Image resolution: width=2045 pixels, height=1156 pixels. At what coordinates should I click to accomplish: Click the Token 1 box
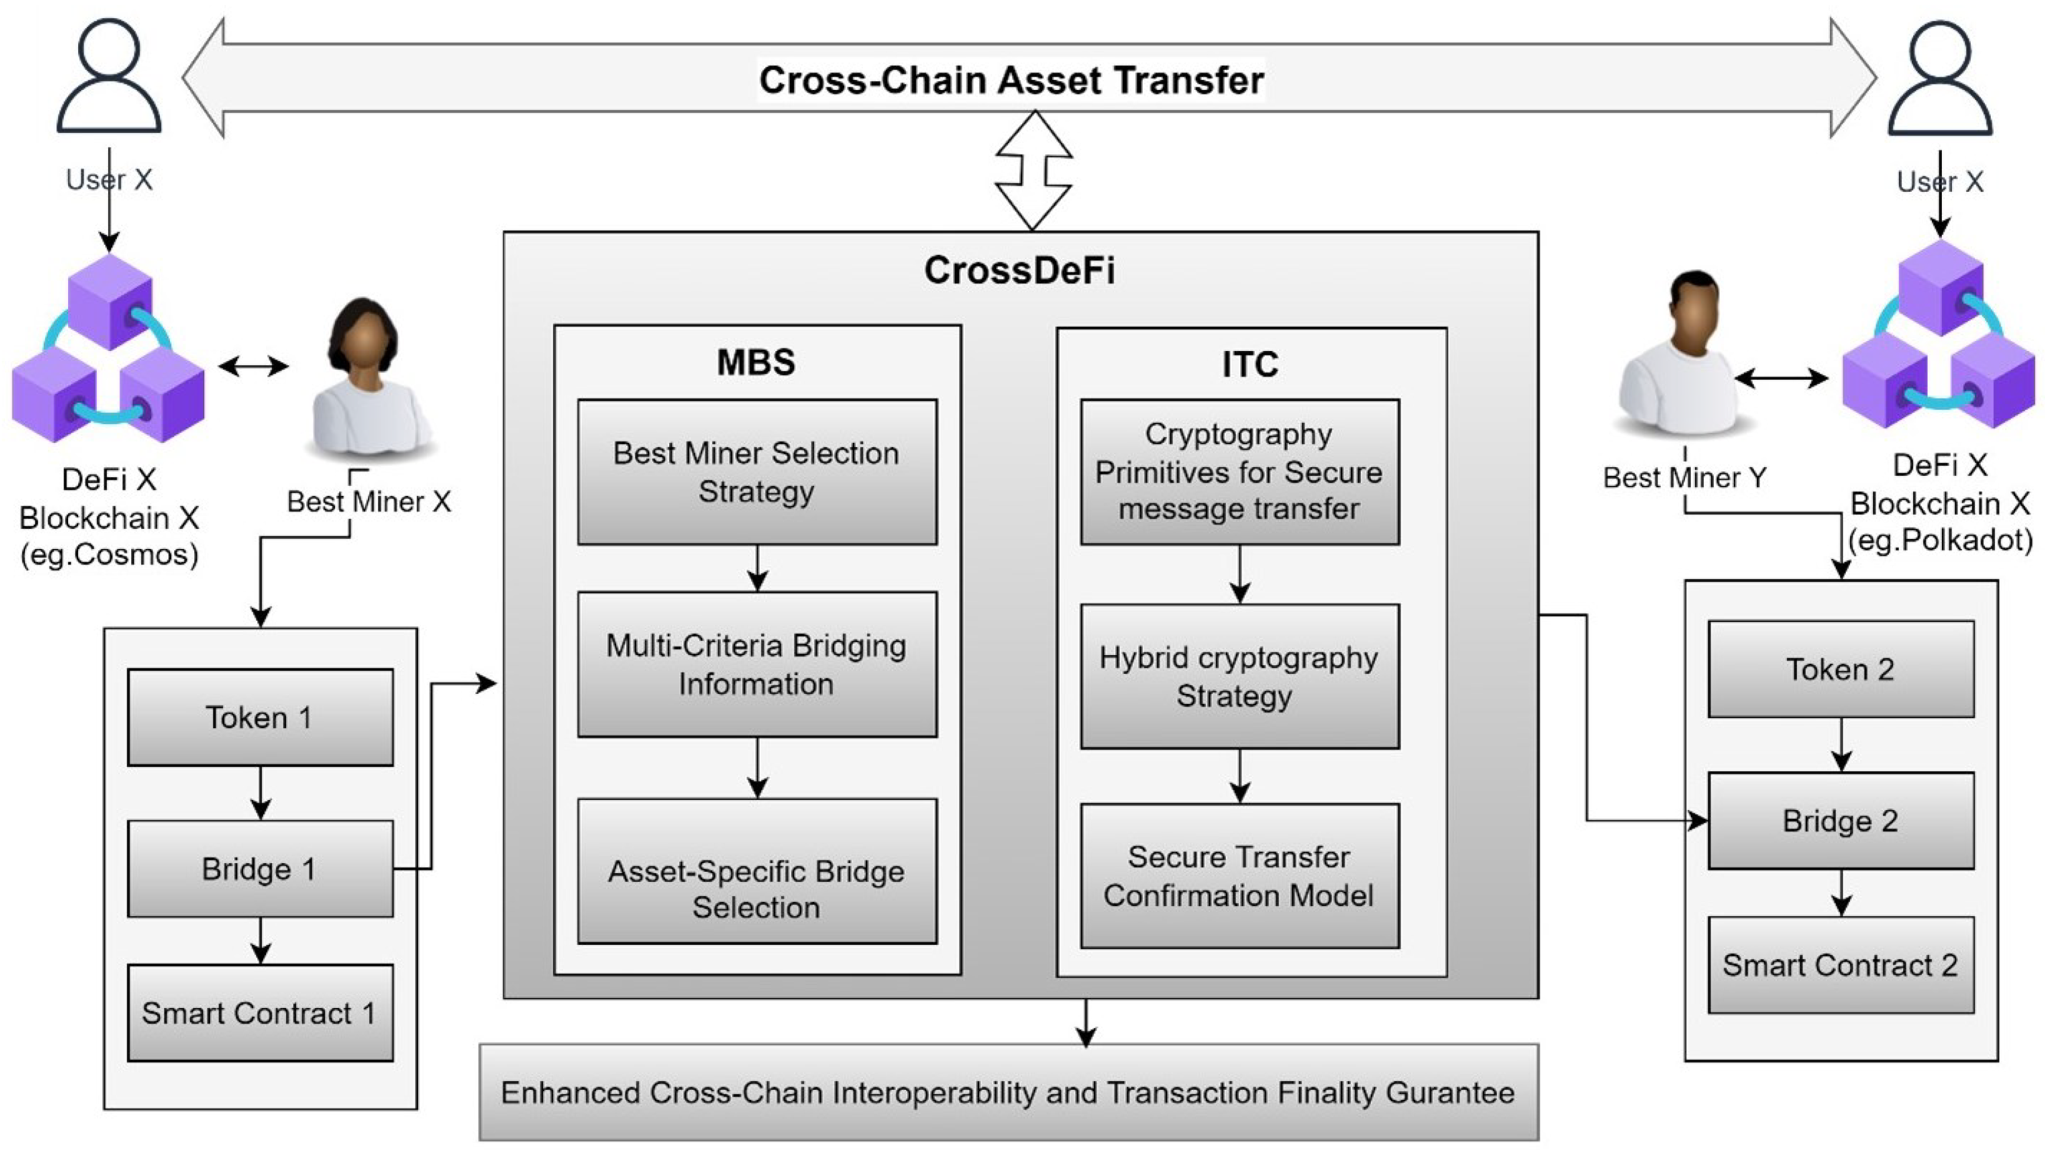click(x=260, y=717)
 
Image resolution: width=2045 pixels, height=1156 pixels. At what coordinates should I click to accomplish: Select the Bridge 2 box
click(x=1840, y=820)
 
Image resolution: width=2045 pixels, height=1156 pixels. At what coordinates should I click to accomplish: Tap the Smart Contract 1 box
click(x=260, y=1012)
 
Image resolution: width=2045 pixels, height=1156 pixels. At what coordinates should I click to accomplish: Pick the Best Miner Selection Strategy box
click(x=756, y=472)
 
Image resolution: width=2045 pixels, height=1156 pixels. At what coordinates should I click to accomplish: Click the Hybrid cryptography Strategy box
click(x=1239, y=676)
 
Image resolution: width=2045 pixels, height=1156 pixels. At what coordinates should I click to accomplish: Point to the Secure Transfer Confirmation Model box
click(x=1239, y=876)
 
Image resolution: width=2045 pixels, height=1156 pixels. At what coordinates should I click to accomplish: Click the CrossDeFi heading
click(x=1019, y=271)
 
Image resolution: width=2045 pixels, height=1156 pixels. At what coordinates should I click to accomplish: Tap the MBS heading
click(x=756, y=362)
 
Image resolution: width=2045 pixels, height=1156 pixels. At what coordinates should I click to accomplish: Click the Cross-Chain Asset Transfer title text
click(x=1011, y=80)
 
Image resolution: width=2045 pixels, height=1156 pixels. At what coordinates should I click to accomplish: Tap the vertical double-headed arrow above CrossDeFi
click(x=1033, y=170)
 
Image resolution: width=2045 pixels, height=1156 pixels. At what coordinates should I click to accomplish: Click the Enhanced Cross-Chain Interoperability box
click(x=1008, y=1092)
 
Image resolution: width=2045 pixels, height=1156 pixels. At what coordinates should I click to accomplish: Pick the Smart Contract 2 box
click(x=1840, y=965)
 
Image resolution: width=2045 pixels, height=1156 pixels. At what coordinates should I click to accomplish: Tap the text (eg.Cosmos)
click(x=109, y=554)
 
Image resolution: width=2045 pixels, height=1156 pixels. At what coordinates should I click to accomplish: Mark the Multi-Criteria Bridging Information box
click(x=756, y=664)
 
